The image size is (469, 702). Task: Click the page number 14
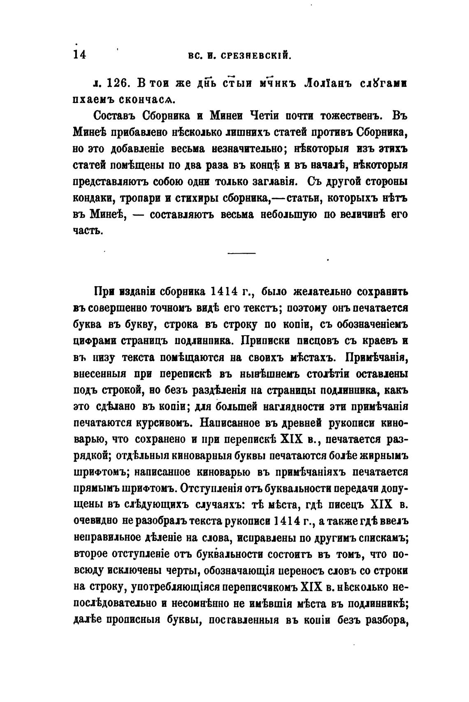(79, 55)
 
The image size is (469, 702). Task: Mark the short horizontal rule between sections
(241, 253)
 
